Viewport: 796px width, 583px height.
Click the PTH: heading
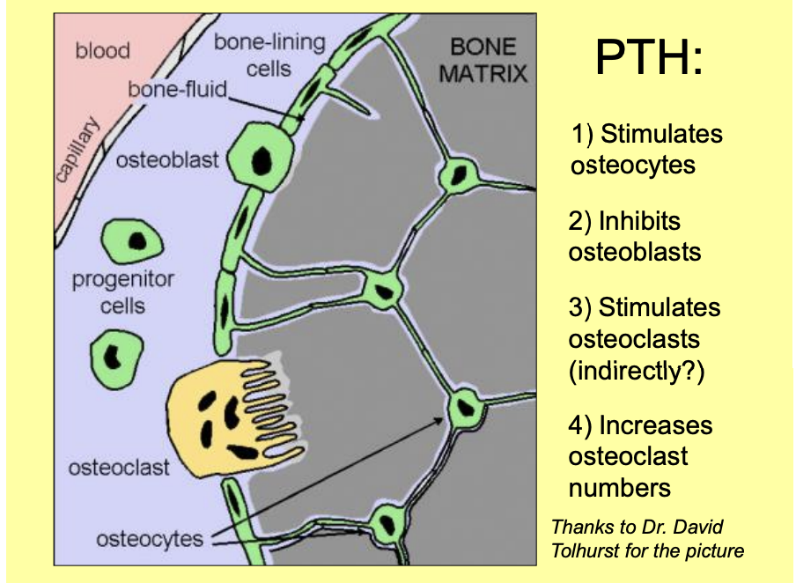coord(649,57)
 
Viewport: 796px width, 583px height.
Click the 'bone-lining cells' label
coord(269,55)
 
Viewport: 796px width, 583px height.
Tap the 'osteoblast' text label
coord(166,160)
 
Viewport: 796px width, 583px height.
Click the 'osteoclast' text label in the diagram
coord(119,468)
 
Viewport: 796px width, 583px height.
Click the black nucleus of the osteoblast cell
coord(262,160)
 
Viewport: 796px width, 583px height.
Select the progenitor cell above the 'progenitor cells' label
coord(133,240)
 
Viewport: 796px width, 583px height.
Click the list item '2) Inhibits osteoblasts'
coord(635,236)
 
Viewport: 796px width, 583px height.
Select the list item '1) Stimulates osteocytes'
coord(645,149)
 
